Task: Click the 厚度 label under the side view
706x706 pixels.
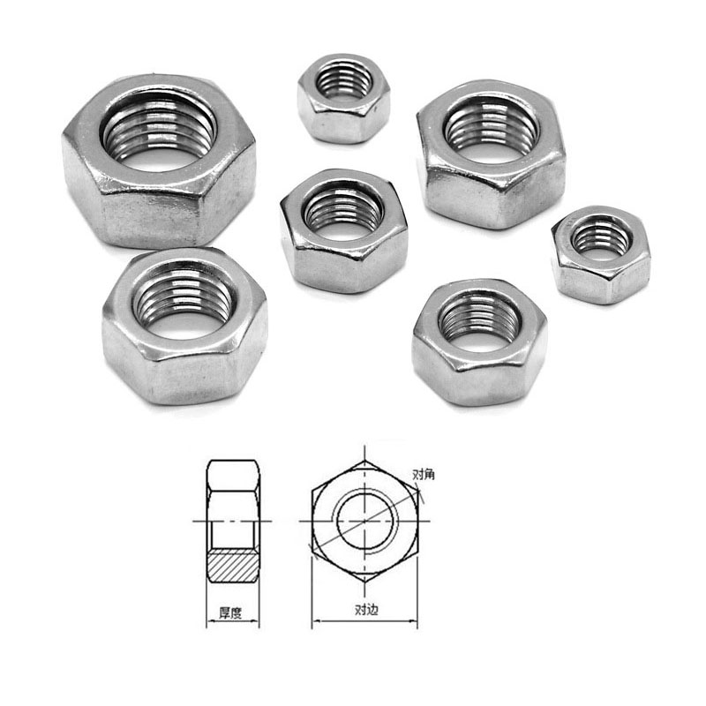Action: [230, 612]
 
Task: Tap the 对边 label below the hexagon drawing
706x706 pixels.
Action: [366, 610]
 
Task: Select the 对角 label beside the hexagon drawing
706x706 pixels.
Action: [424, 475]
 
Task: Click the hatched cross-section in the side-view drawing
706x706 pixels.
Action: [232, 566]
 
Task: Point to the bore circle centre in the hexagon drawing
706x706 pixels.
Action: [365, 522]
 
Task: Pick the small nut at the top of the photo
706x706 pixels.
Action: [343, 98]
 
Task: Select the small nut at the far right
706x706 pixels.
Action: [601, 254]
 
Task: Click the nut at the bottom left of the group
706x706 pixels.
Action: [184, 326]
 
